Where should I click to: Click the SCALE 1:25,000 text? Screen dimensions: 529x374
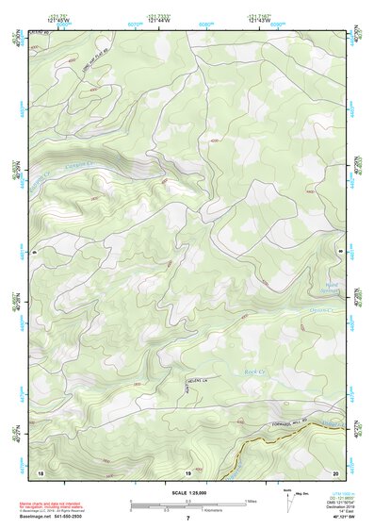tap(187, 492)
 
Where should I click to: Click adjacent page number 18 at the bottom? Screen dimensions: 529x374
tap(41, 471)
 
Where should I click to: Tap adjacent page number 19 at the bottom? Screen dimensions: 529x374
tap(187, 471)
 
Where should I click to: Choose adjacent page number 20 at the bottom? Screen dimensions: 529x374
tap(334, 471)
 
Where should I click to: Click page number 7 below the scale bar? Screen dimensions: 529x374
tap(187, 519)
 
